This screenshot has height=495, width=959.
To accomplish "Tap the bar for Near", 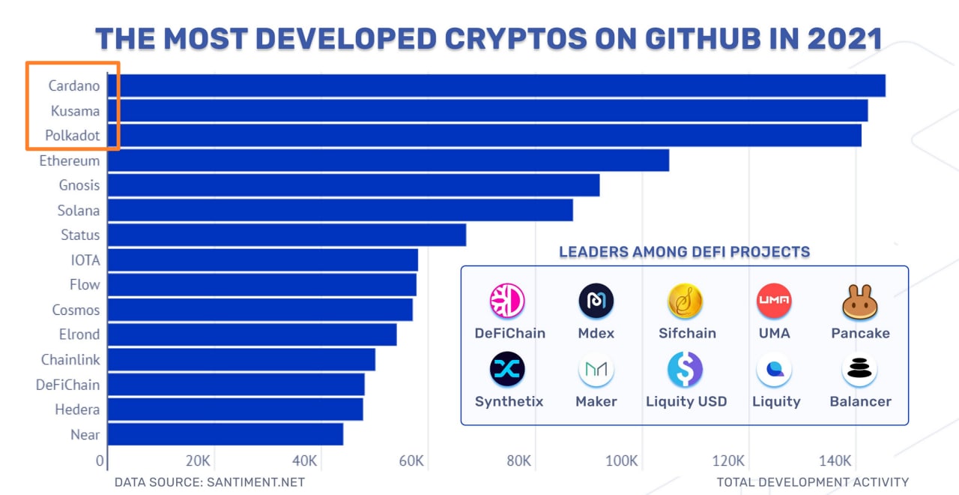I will click(x=226, y=434).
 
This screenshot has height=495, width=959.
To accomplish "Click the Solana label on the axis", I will click(x=79, y=211).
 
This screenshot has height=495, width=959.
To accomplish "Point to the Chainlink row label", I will click(x=70, y=360).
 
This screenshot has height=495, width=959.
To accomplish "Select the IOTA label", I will click(x=85, y=260).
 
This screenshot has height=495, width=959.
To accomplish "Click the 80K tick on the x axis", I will click(x=518, y=460).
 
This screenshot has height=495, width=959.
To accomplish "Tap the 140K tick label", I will click(x=835, y=460).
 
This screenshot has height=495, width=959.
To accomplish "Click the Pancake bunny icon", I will click(x=860, y=302).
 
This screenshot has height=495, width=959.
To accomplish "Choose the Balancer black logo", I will click(x=859, y=370).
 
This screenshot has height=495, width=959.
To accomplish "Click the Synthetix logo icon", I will click(x=508, y=370).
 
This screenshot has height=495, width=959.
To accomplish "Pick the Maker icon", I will click(x=596, y=370).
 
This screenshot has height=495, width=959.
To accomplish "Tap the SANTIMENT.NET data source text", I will click(x=255, y=482).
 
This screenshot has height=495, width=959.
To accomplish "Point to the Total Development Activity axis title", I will click(x=812, y=482).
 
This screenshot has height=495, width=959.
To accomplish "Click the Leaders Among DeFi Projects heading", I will click(x=684, y=252).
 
